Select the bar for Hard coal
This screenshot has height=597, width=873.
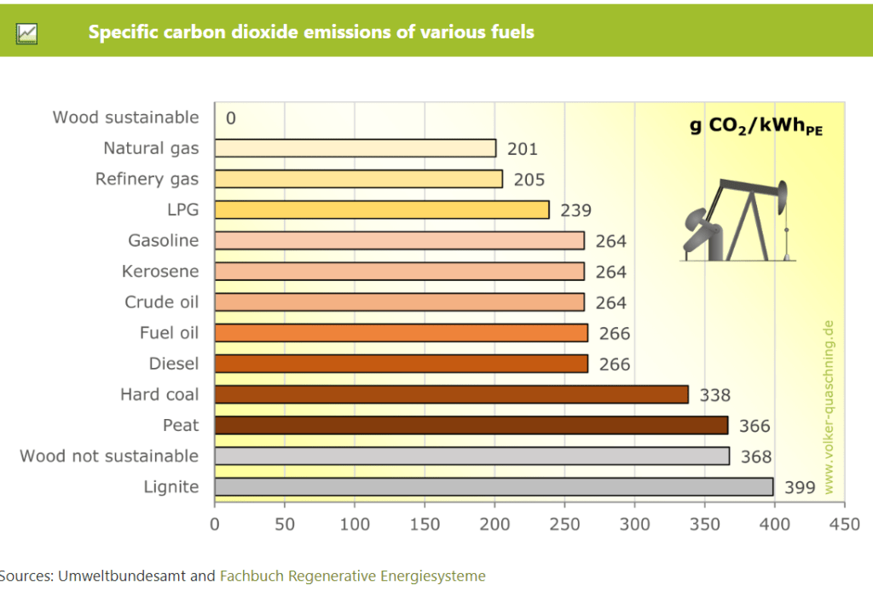pyautogui.click(x=451, y=394)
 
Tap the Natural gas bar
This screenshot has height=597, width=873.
pyautogui.click(x=355, y=148)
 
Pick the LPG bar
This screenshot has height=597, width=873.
pyautogui.click(x=381, y=210)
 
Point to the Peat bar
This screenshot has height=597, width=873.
pyautogui.click(x=471, y=425)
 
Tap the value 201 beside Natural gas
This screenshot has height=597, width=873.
pyautogui.click(x=523, y=149)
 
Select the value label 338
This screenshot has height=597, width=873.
pyautogui.click(x=715, y=395)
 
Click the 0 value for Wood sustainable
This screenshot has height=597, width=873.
pyautogui.click(x=231, y=118)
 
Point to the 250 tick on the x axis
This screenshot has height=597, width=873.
pyautogui.click(x=565, y=523)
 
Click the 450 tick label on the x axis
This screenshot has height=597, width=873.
pyautogui.click(x=845, y=523)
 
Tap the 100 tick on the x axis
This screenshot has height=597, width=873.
pyautogui.click(x=355, y=523)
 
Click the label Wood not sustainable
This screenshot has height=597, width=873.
pyautogui.click(x=109, y=456)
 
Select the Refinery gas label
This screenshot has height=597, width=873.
pyautogui.click(x=147, y=179)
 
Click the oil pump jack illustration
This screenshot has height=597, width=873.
pyautogui.click(x=737, y=220)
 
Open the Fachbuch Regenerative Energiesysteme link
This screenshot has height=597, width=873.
pyautogui.click(x=353, y=576)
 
